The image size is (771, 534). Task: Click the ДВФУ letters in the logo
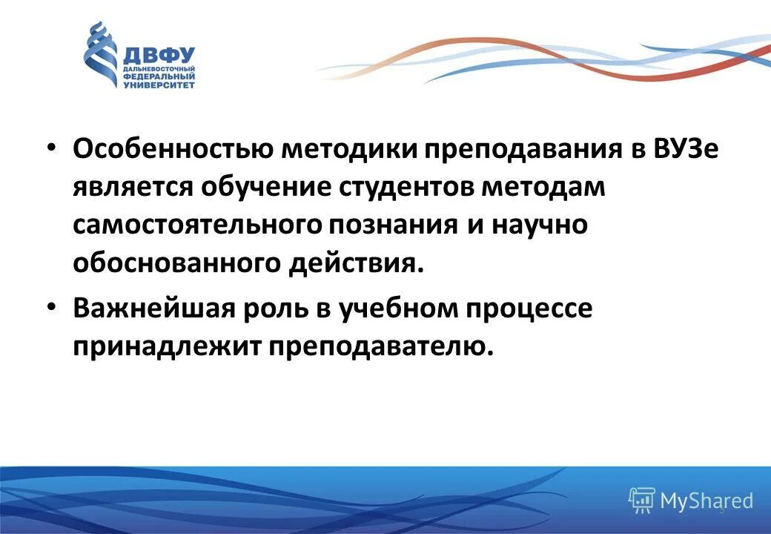pyautogui.click(x=159, y=56)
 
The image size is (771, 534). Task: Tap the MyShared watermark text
pyautogui.click(x=706, y=501)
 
